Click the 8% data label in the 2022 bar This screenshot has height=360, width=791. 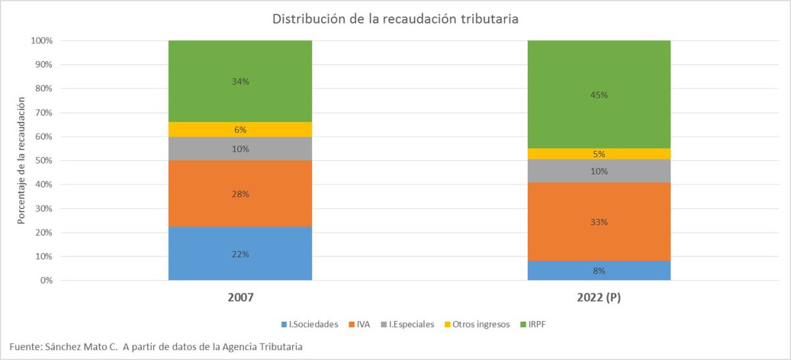(x=599, y=270)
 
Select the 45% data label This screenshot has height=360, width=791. (x=599, y=95)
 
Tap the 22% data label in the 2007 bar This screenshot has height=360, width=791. (x=241, y=255)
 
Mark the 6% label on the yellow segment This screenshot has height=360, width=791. (x=241, y=130)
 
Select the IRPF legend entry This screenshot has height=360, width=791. (x=536, y=324)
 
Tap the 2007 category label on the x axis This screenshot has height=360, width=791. (x=240, y=297)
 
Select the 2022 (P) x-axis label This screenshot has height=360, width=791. (x=599, y=297)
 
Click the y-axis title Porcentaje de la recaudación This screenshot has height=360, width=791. (x=22, y=160)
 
